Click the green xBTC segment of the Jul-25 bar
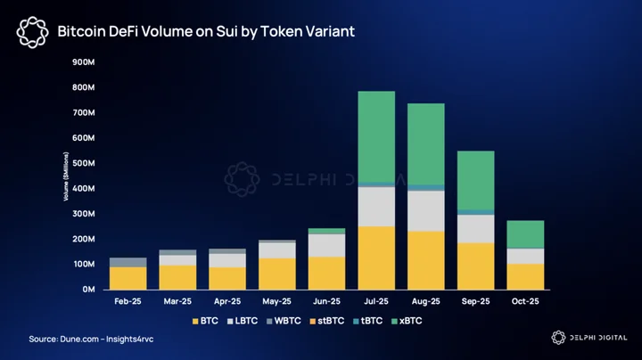376,136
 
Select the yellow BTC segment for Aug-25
426,260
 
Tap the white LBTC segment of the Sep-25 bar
476,229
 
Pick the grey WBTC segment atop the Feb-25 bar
128,262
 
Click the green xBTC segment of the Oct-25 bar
525,234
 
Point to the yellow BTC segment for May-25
276,274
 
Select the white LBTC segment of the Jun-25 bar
326,245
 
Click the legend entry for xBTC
407,321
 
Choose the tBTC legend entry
367,321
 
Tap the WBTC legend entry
284,321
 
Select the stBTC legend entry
326,321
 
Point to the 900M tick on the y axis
84,62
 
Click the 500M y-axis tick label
84,163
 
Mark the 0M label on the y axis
88,290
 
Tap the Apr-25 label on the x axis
227,301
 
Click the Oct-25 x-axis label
525,301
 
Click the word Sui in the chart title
226,31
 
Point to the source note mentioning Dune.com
91,340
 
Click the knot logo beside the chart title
32,32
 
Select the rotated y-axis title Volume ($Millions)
66,176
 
